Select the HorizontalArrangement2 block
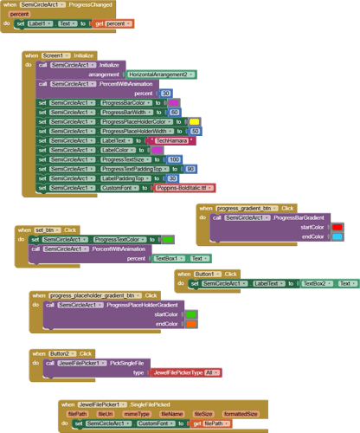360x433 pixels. click(x=161, y=74)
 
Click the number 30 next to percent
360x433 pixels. click(x=165, y=93)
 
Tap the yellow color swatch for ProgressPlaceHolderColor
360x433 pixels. click(x=194, y=121)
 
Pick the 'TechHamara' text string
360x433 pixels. click(x=177, y=140)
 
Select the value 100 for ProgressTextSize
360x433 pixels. click(x=174, y=159)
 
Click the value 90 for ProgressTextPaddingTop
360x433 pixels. click(x=190, y=169)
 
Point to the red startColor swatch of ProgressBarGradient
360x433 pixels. click(x=337, y=227)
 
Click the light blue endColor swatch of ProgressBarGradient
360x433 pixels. click(x=337, y=236)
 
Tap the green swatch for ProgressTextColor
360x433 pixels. click(x=168, y=240)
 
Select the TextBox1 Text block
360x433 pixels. click(x=181, y=258)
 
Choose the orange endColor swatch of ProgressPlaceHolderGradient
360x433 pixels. click(x=190, y=324)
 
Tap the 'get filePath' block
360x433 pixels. click(x=211, y=423)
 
